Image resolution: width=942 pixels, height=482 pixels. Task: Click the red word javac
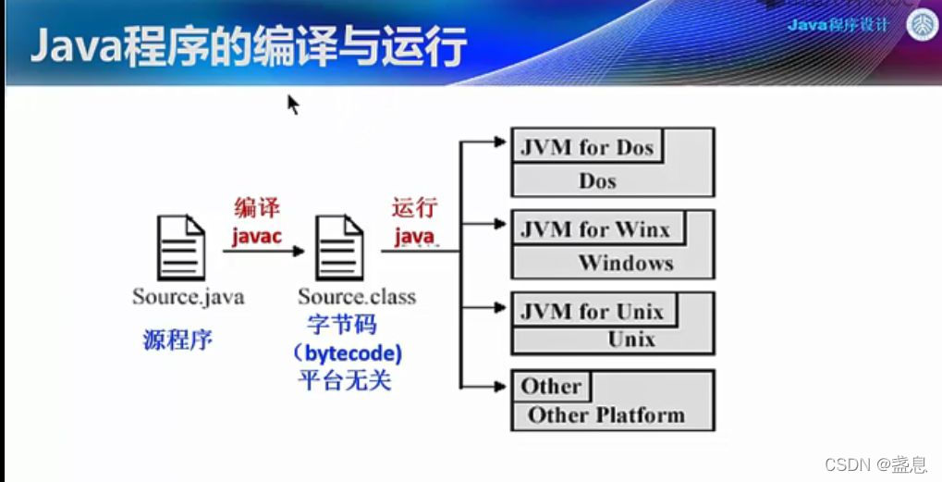point(256,237)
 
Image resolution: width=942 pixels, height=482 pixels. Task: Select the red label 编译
point(257,209)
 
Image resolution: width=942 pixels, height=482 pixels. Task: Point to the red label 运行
point(413,209)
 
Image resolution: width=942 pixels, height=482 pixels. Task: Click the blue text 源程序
point(177,340)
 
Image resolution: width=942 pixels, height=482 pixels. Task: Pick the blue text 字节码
point(342,326)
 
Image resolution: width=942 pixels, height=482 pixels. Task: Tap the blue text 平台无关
point(345,380)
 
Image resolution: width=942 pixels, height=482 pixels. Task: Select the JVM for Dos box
point(587,148)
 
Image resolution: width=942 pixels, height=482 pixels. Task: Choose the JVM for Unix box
point(592,311)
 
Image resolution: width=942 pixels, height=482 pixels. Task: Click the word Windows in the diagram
point(626,263)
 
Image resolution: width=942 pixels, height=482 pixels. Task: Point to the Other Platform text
point(606,414)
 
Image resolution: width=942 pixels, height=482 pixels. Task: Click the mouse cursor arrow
point(292,103)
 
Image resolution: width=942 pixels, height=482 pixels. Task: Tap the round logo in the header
point(922,25)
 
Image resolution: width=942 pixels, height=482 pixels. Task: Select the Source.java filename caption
point(189,297)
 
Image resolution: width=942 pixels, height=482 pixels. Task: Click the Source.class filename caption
point(357,297)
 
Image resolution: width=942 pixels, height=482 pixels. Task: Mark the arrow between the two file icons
point(268,251)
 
